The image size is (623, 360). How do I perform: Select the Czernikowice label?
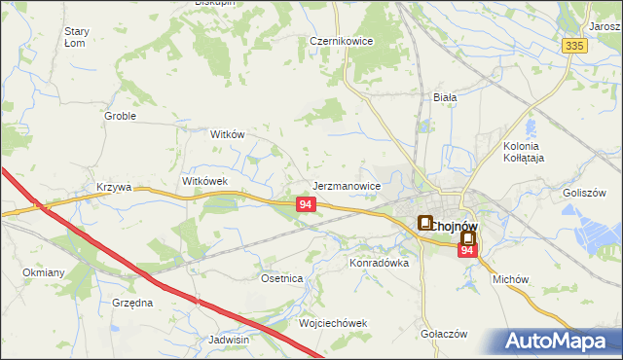click(343, 42)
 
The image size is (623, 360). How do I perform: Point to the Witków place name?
click(227, 135)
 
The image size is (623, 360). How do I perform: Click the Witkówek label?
click(204, 181)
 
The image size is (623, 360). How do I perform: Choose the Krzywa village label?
click(113, 187)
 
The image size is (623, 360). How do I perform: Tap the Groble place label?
click(120, 116)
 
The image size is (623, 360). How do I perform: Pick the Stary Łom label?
click(76, 37)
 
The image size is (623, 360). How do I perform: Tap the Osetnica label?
click(282, 278)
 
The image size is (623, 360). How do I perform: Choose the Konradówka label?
click(380, 263)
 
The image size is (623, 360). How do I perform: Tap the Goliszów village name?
click(584, 193)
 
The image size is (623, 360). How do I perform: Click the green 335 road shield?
click(574, 46)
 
